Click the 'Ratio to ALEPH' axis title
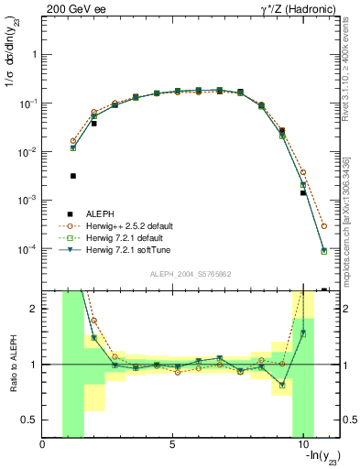14,365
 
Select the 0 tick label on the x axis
43,445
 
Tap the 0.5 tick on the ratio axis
29,420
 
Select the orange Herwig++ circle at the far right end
324,225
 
